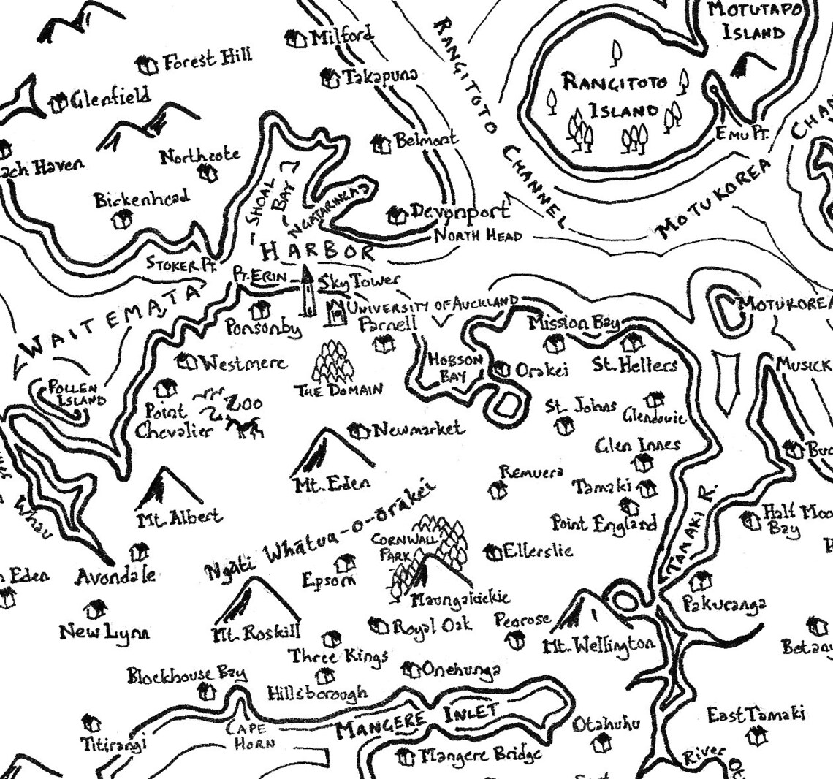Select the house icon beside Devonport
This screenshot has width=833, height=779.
397,215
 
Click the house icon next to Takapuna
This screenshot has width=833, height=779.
330,77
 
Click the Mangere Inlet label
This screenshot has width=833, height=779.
417,720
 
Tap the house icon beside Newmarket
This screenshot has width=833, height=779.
358,430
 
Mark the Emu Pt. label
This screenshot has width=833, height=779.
733,134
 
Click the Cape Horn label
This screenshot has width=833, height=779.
251,735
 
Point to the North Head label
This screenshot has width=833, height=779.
478,236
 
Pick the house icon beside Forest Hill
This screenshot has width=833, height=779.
148,65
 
